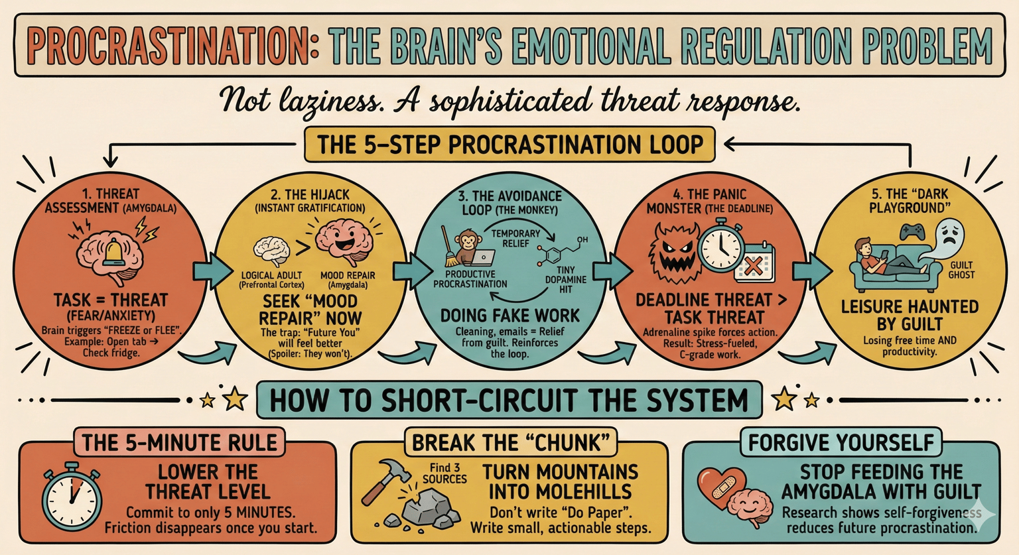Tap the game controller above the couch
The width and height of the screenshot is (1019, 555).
[x=913, y=232]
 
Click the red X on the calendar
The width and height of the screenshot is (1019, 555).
[x=754, y=266]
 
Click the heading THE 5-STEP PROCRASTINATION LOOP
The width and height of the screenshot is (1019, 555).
[x=509, y=145]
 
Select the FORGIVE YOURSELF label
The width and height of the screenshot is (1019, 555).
[x=841, y=442]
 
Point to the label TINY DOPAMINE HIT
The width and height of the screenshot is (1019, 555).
[x=565, y=279]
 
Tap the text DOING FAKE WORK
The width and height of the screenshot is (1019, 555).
[x=510, y=316]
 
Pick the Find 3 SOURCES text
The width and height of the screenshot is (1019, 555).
[x=444, y=473]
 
